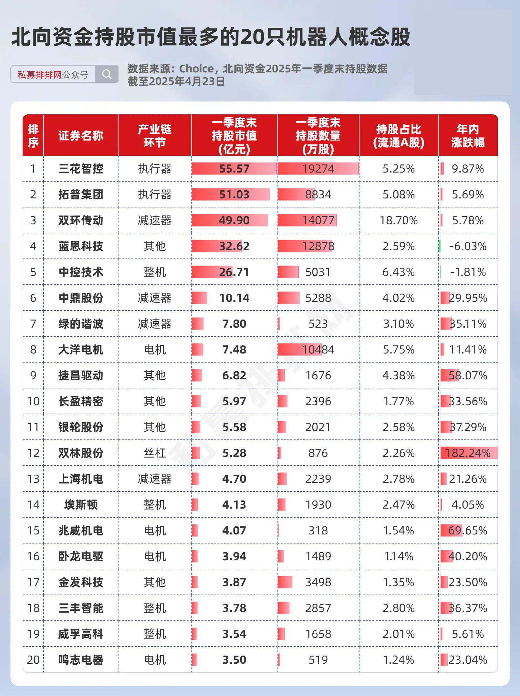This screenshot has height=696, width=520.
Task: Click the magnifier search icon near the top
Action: click(x=107, y=74)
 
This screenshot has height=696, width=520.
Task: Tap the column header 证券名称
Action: click(x=81, y=136)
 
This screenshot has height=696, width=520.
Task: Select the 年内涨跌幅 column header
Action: click(x=468, y=136)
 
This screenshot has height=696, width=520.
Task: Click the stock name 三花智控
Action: click(x=81, y=169)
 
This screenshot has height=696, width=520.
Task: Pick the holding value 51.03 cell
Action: click(x=234, y=195)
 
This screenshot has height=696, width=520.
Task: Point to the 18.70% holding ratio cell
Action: click(x=399, y=220)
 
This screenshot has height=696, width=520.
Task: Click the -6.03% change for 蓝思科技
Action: click(x=468, y=246)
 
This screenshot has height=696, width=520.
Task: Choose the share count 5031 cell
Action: click(x=318, y=272)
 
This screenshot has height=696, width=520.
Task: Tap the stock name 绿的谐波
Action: click(x=81, y=324)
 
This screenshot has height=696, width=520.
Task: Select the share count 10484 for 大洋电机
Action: click(x=318, y=350)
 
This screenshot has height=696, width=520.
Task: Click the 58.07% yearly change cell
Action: click(x=468, y=375)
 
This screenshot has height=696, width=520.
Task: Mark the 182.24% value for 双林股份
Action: click(x=468, y=453)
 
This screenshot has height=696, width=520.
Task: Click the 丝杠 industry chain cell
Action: click(x=155, y=453)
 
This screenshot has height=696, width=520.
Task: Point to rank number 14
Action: click(x=33, y=505)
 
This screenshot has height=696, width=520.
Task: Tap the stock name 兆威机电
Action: click(x=81, y=531)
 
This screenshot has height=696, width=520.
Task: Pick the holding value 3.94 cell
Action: click(x=234, y=556)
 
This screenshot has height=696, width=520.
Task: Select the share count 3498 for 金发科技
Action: click(x=318, y=582)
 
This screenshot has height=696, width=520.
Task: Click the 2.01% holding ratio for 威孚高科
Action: click(x=399, y=634)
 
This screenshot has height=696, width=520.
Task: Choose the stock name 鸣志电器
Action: click(x=81, y=660)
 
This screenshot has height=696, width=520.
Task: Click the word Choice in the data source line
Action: click(x=196, y=69)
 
